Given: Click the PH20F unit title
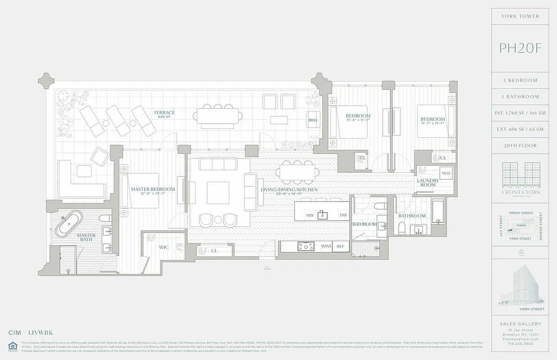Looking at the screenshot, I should [x=520, y=48].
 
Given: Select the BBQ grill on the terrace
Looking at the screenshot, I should [x=312, y=120].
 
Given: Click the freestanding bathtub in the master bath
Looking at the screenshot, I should [x=69, y=223].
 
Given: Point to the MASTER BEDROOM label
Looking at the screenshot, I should [x=153, y=189].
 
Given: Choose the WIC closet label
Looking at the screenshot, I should [x=163, y=247].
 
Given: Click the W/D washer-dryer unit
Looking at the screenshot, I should [x=446, y=173].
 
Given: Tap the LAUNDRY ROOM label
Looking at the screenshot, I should [x=427, y=183].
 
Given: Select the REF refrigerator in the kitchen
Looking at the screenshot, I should [x=340, y=246].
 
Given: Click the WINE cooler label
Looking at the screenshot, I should [x=326, y=246].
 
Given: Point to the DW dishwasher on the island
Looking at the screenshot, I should [x=344, y=216].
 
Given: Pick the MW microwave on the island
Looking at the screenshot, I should [x=309, y=216].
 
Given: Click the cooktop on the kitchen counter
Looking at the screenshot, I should [x=306, y=246].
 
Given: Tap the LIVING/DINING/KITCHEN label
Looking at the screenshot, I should [x=289, y=189].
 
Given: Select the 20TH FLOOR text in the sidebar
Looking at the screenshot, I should [x=520, y=146].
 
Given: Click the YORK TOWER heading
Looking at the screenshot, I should [x=520, y=16].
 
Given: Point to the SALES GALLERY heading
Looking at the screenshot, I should [x=520, y=324].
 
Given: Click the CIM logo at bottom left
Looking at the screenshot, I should [x=15, y=333].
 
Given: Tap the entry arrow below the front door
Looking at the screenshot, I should [x=267, y=268].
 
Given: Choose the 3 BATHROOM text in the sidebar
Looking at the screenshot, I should [x=520, y=97].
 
